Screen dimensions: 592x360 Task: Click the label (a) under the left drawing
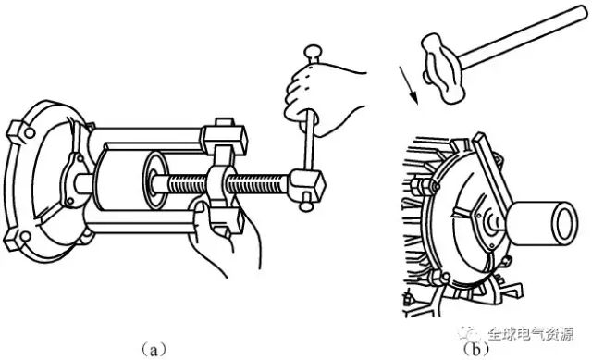154,348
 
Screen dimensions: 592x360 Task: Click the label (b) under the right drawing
475,348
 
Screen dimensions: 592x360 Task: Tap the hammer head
443,68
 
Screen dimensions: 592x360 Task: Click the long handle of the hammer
524,37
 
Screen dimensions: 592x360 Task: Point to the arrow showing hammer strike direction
408,85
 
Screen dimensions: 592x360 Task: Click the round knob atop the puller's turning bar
313,54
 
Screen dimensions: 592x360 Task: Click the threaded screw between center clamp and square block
258,184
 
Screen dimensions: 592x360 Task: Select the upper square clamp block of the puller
224,137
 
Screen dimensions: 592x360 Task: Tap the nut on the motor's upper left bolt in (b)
421,186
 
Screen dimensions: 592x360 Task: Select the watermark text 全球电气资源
531,334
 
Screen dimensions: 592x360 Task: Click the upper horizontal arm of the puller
147,134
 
